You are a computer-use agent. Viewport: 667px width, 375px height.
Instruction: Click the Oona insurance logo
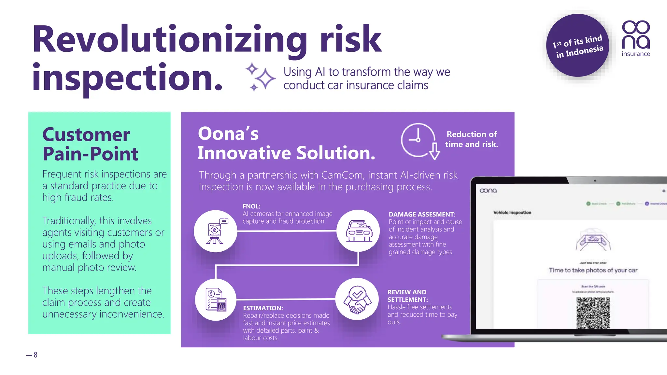[x=635, y=38]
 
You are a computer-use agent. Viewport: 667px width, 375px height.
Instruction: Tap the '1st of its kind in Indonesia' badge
[x=577, y=46]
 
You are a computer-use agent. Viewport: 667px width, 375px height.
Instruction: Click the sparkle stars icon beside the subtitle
[x=260, y=77]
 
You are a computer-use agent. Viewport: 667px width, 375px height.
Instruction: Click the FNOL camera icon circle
[x=215, y=231]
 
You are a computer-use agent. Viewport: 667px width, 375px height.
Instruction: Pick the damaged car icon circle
[x=358, y=231]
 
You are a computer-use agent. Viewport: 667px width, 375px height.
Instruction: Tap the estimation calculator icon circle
[x=216, y=299]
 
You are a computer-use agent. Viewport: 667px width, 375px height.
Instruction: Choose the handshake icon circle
[x=357, y=299]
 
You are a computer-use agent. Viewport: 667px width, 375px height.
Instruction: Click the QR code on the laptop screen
[x=593, y=313]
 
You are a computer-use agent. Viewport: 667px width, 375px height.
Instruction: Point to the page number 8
[x=35, y=355]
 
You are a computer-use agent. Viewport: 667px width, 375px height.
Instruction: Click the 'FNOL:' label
[x=251, y=206]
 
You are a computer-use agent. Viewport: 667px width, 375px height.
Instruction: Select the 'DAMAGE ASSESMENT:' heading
[x=422, y=215]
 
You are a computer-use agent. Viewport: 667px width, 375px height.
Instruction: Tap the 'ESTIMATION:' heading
[x=263, y=308]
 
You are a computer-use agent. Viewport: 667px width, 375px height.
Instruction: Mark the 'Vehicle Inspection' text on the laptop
[x=512, y=213]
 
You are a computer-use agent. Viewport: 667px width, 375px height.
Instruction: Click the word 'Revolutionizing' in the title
[x=169, y=39]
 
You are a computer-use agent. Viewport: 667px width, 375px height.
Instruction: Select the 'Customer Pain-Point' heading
[x=90, y=144]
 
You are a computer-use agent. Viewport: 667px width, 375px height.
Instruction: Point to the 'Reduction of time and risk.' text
[x=471, y=139]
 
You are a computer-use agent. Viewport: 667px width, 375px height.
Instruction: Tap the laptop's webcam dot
[x=595, y=181]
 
